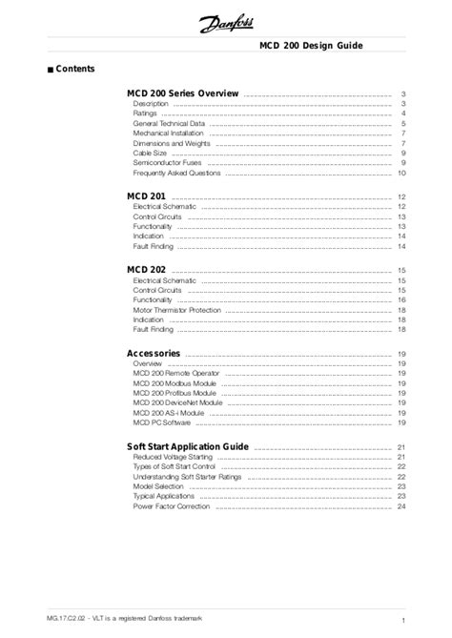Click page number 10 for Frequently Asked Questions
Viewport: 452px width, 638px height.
click(x=402, y=175)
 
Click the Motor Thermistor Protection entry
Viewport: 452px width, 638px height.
click(x=177, y=310)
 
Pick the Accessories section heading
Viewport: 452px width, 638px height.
click(x=154, y=354)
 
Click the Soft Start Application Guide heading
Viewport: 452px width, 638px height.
click(x=188, y=446)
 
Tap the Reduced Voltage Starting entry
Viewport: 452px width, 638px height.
click(x=174, y=459)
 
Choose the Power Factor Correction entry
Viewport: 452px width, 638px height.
click(x=172, y=507)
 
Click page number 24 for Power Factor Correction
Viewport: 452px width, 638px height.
click(x=402, y=507)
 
